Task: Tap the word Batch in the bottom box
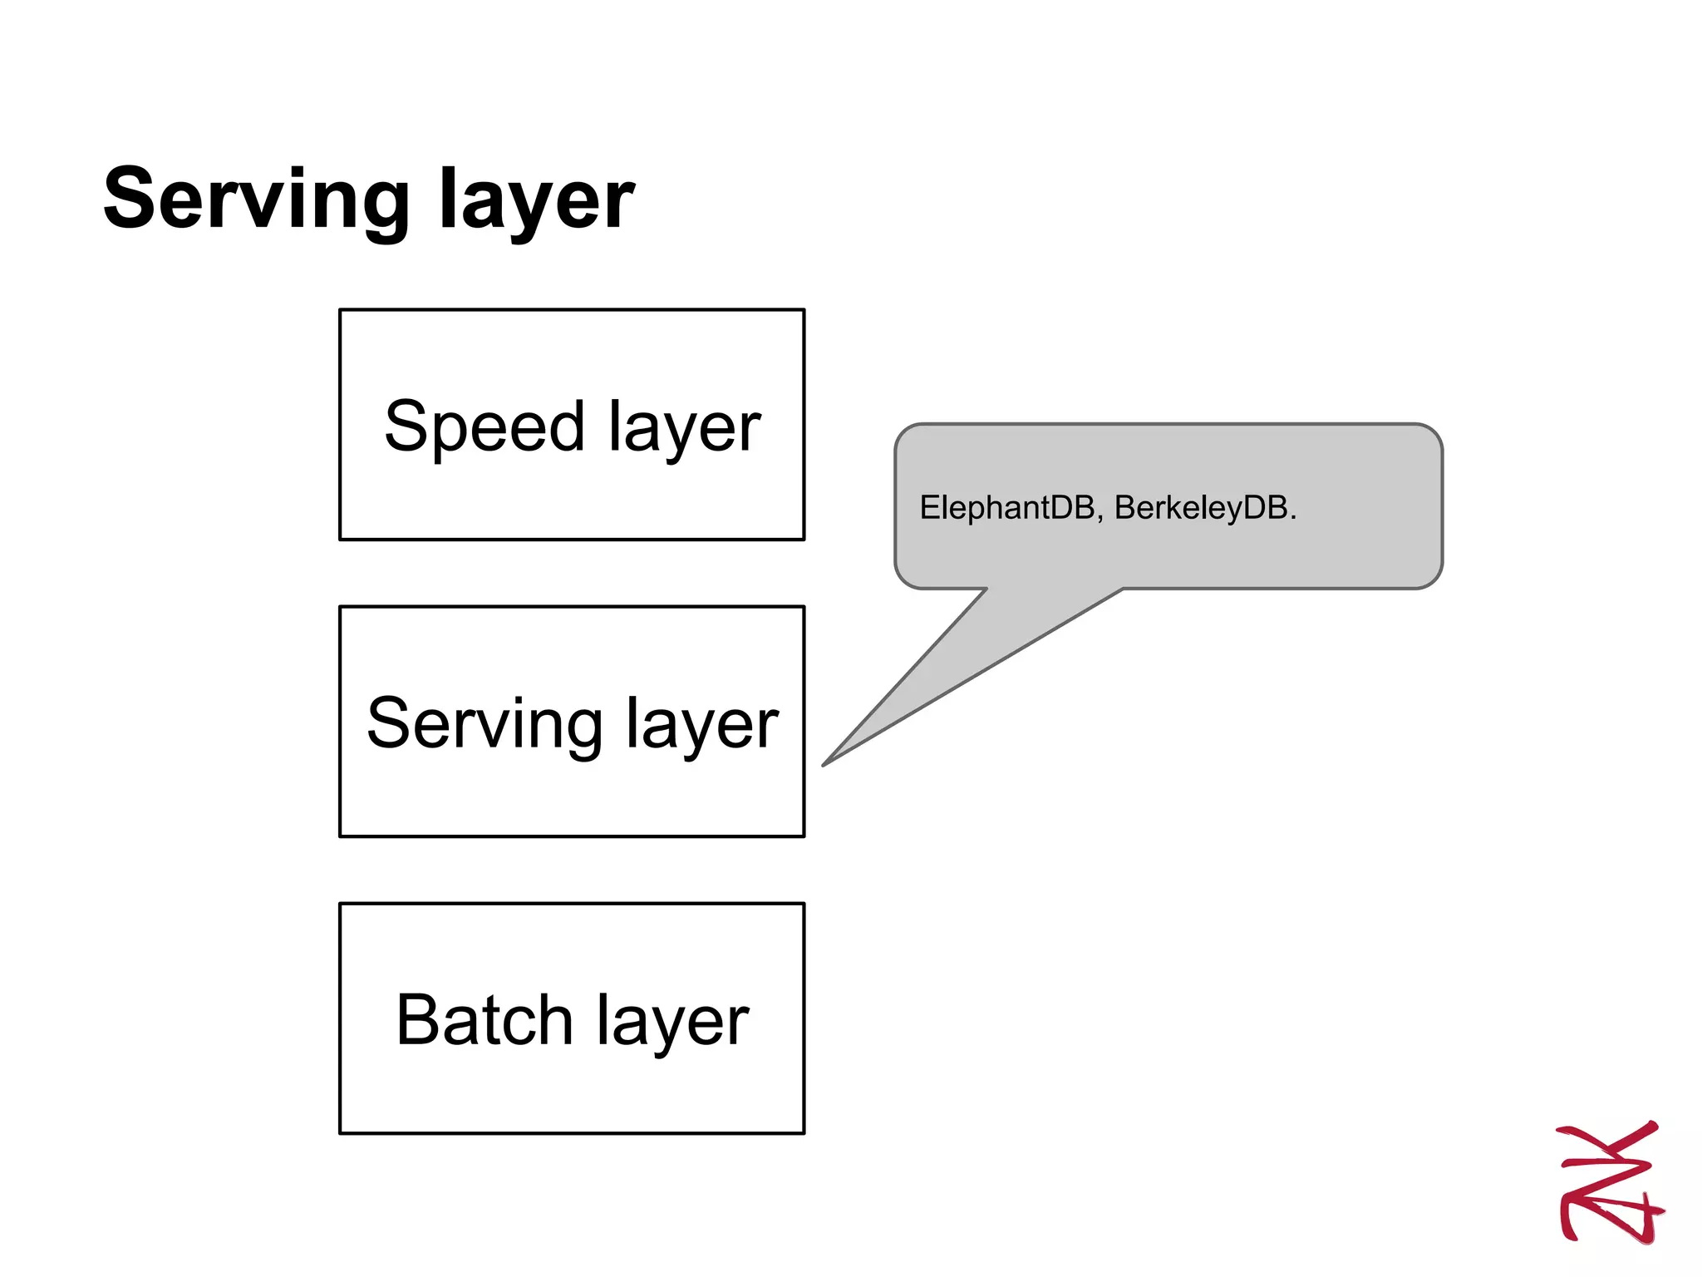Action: [x=485, y=1020]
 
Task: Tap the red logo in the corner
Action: [x=1610, y=1181]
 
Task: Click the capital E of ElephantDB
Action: [x=929, y=507]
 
